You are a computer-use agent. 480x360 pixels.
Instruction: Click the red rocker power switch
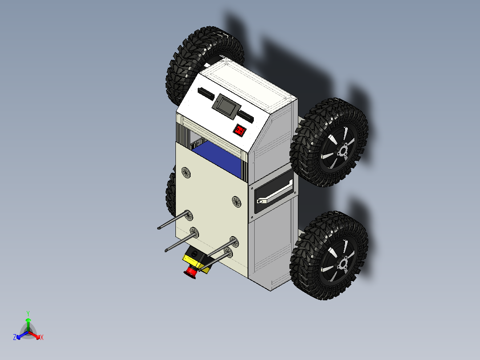tap(240, 131)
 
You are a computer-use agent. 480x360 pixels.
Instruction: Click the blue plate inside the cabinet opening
tap(218, 159)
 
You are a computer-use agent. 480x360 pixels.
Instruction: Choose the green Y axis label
tap(28, 313)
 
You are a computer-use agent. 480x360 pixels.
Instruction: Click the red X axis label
tap(42, 338)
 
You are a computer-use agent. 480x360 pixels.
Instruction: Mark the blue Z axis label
tap(15, 337)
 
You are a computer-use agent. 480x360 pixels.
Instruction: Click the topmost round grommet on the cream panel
tap(186, 172)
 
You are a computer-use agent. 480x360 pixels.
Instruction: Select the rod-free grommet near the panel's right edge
tap(236, 201)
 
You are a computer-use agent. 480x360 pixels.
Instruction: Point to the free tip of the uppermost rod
tap(159, 229)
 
